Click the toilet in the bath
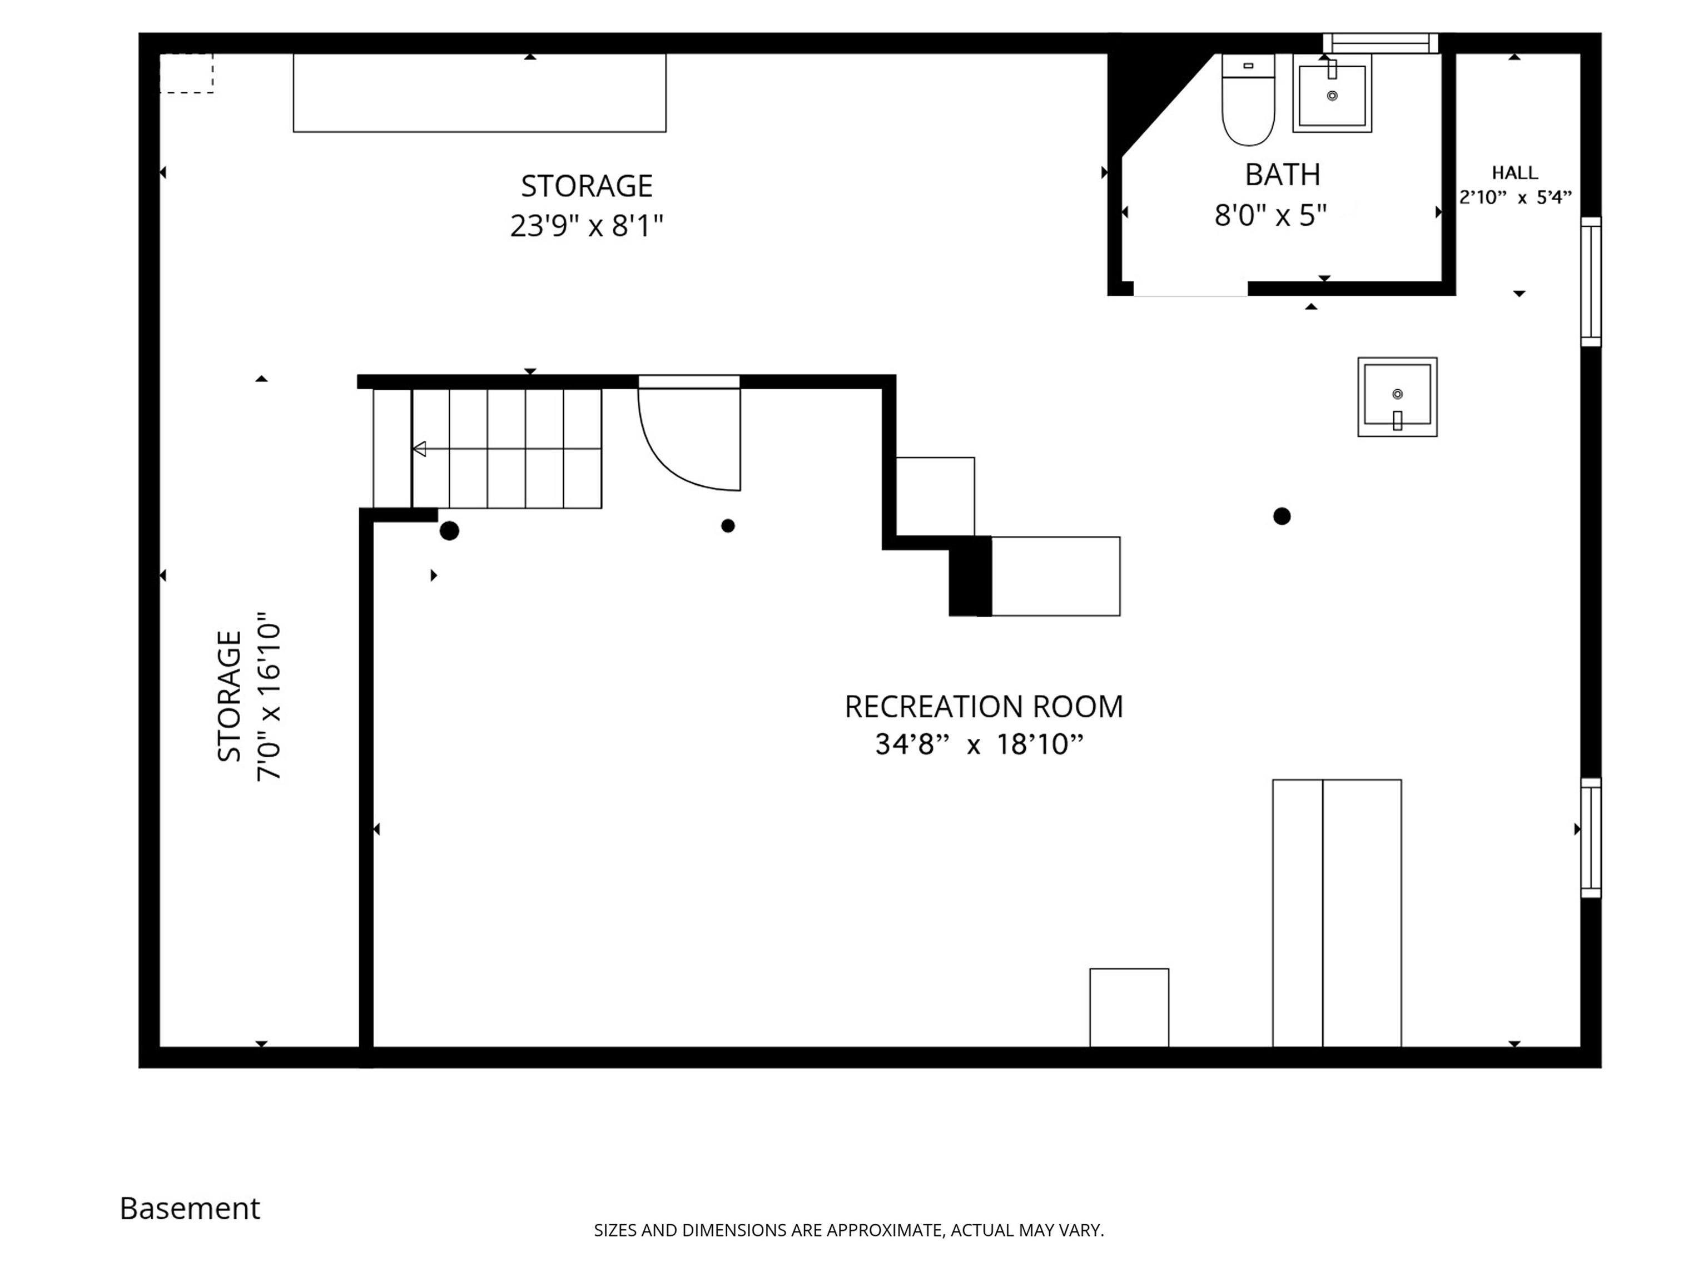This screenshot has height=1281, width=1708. (x=1248, y=101)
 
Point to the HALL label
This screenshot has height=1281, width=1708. (x=1514, y=173)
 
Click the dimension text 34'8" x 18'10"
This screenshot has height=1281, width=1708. (x=979, y=744)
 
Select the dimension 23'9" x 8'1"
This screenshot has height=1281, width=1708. (x=586, y=226)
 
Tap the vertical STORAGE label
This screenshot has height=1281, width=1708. (x=229, y=697)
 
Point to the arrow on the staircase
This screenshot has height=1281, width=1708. (x=419, y=449)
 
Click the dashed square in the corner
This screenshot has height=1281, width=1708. (x=186, y=73)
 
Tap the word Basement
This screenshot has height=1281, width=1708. (x=190, y=1208)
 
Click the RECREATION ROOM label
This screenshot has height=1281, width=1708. (x=983, y=707)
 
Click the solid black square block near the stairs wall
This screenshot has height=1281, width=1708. (x=970, y=577)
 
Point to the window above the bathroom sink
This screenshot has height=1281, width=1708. (x=1381, y=43)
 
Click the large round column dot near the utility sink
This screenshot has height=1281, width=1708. (x=1282, y=516)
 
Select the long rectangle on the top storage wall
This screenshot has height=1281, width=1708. (x=479, y=93)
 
